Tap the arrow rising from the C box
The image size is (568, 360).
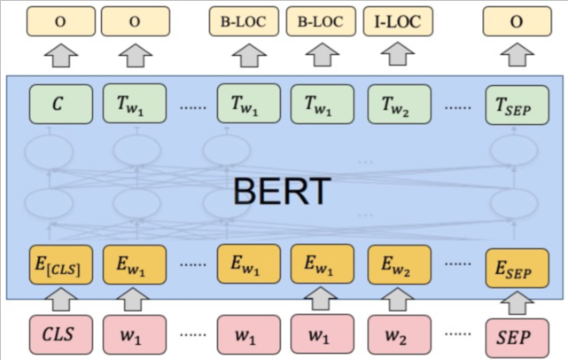tap(59, 55)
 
